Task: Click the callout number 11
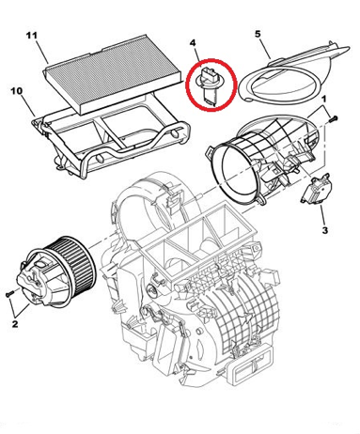tap(31, 36)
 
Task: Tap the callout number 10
tap(17, 91)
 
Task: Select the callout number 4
tap(193, 42)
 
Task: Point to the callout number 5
tap(258, 34)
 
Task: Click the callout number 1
tap(324, 99)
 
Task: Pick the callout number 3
tap(325, 230)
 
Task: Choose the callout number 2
tap(15, 323)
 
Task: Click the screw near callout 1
tap(334, 119)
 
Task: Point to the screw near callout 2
tap(10, 293)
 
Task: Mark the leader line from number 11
tap(42, 52)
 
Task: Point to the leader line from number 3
tap(322, 215)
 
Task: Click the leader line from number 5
tap(265, 49)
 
